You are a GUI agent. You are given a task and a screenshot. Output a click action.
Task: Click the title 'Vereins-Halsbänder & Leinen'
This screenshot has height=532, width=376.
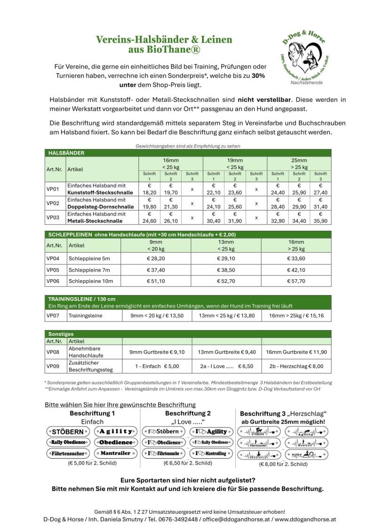tap(164, 40)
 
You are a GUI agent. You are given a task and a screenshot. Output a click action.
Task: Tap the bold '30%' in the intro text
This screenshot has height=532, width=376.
tap(258, 75)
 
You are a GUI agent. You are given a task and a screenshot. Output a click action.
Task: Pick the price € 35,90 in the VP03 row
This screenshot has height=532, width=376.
tap(320, 217)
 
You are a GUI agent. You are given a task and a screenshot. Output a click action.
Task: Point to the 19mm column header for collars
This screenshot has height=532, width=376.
tap(234, 163)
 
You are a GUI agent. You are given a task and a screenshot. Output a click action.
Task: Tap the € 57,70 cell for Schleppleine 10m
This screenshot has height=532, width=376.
tap(296, 281)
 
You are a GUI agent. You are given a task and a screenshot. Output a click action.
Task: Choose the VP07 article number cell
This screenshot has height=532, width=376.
tap(53, 315)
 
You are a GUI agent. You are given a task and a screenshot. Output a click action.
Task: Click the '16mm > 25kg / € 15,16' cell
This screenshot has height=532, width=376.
tap(296, 315)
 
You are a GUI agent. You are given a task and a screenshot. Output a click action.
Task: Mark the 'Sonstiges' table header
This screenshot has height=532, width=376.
tap(61, 333)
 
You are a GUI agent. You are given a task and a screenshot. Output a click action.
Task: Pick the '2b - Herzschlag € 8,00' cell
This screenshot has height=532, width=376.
tap(296, 366)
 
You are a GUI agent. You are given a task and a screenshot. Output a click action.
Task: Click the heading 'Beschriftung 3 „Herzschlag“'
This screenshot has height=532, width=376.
tap(283, 413)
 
